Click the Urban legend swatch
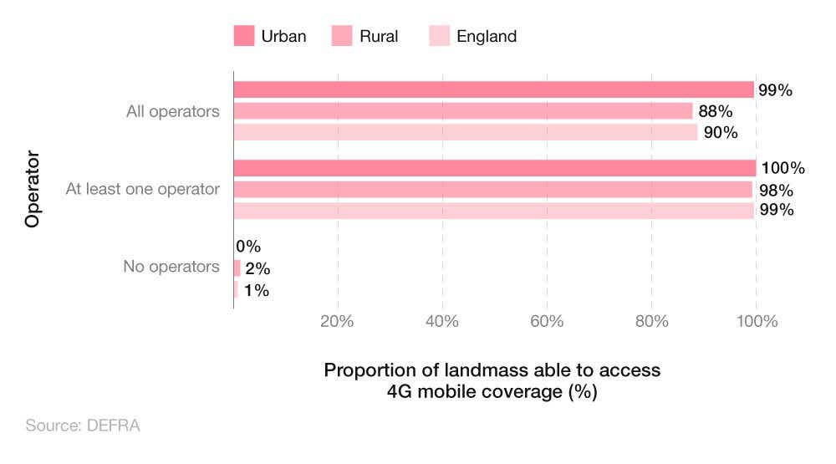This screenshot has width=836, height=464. click(x=243, y=36)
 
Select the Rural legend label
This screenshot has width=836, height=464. click(x=379, y=36)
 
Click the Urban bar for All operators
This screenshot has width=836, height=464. click(x=493, y=90)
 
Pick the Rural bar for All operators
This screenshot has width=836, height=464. click(x=462, y=111)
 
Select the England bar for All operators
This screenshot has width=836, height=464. click(x=465, y=132)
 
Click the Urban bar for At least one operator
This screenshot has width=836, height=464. click(x=494, y=168)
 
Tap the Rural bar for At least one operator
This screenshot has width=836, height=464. click(x=492, y=189)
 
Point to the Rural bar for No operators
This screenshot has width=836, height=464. click(x=237, y=268)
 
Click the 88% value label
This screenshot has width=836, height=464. click(x=716, y=111)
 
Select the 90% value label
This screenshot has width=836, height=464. click(x=720, y=132)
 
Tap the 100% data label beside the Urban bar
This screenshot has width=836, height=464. click(x=782, y=168)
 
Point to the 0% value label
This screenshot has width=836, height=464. click(x=249, y=247)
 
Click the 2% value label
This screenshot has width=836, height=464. click(x=257, y=268)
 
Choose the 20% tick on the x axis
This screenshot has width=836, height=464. click(x=338, y=322)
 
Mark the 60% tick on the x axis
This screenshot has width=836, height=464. click(x=547, y=322)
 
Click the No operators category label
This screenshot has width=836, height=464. click(x=171, y=268)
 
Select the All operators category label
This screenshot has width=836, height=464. click(x=173, y=111)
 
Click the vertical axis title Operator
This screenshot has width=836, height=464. click(x=33, y=189)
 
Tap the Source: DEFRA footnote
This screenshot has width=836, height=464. click(x=83, y=426)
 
